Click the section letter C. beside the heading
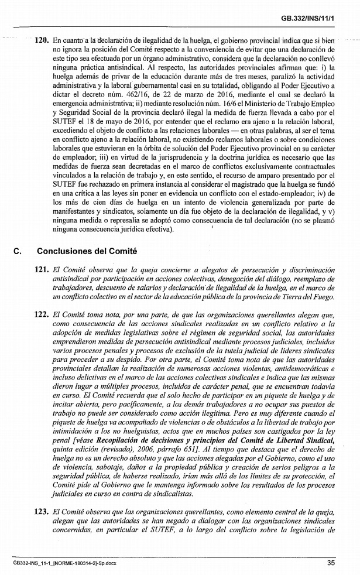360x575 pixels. coord(17,252)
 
